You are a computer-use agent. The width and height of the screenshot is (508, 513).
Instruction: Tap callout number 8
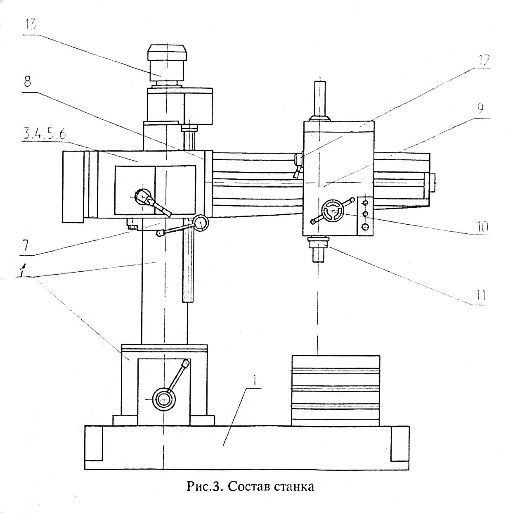pyautogui.click(x=27, y=82)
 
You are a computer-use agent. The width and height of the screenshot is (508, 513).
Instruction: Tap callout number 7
pyautogui.click(x=25, y=247)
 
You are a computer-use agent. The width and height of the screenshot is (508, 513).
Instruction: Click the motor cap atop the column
pyautogui.click(x=167, y=52)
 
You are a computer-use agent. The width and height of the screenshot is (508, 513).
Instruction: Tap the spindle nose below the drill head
pyautogui.click(x=318, y=249)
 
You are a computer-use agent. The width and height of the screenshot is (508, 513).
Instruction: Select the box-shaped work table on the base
pyautogui.click(x=336, y=391)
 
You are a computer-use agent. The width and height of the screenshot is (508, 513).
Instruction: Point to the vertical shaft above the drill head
pyautogui.click(x=319, y=101)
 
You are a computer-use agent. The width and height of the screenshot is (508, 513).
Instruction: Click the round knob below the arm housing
pyautogui.click(x=201, y=223)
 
